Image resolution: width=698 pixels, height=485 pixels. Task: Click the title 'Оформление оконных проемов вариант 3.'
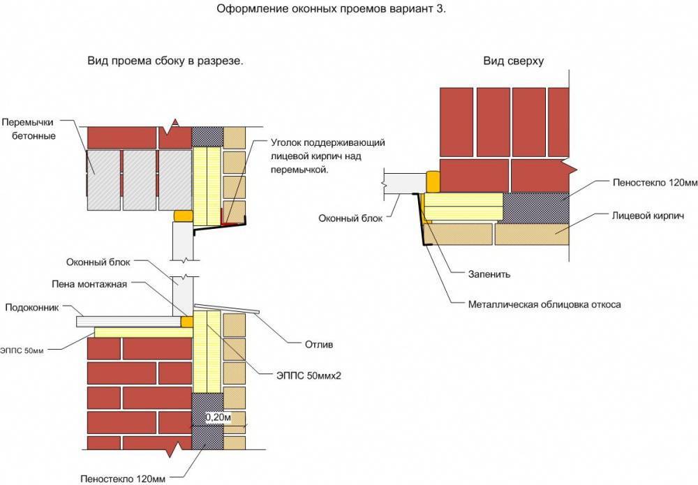[x=331, y=8]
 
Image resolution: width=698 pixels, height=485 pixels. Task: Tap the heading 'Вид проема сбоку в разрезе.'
[x=165, y=61]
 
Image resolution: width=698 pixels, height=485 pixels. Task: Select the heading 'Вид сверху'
[x=513, y=61]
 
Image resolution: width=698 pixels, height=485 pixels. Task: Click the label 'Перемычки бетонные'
[x=30, y=129]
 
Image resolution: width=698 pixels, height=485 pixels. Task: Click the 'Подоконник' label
[x=31, y=308]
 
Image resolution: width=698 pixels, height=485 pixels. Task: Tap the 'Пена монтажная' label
[x=89, y=284]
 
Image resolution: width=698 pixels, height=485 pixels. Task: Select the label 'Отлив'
[x=319, y=345]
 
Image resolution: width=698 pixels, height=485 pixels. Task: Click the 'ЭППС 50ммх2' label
[x=309, y=376]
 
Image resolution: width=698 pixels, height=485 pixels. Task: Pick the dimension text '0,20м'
[x=218, y=417]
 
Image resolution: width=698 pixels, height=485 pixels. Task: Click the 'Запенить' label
[x=489, y=274]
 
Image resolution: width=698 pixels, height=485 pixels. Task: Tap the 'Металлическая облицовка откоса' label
[x=544, y=305]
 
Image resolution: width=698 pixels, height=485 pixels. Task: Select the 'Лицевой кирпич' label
[x=648, y=216]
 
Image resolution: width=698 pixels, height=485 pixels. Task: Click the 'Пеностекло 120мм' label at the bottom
[x=123, y=479]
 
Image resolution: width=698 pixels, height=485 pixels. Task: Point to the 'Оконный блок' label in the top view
[x=350, y=218]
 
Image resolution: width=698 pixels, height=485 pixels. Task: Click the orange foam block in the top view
[x=433, y=181]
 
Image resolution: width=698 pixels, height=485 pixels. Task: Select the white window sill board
[x=130, y=321]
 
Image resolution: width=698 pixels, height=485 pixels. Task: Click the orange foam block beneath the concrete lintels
[x=184, y=216]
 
